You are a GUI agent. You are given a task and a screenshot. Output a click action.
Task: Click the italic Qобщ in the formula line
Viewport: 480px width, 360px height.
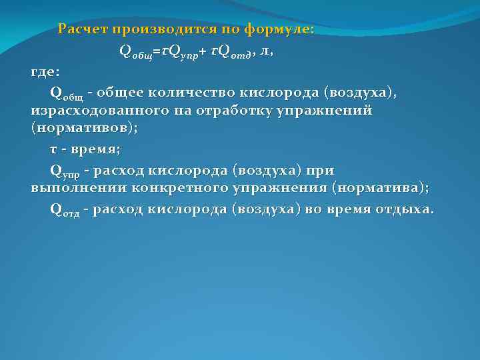(135, 52)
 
